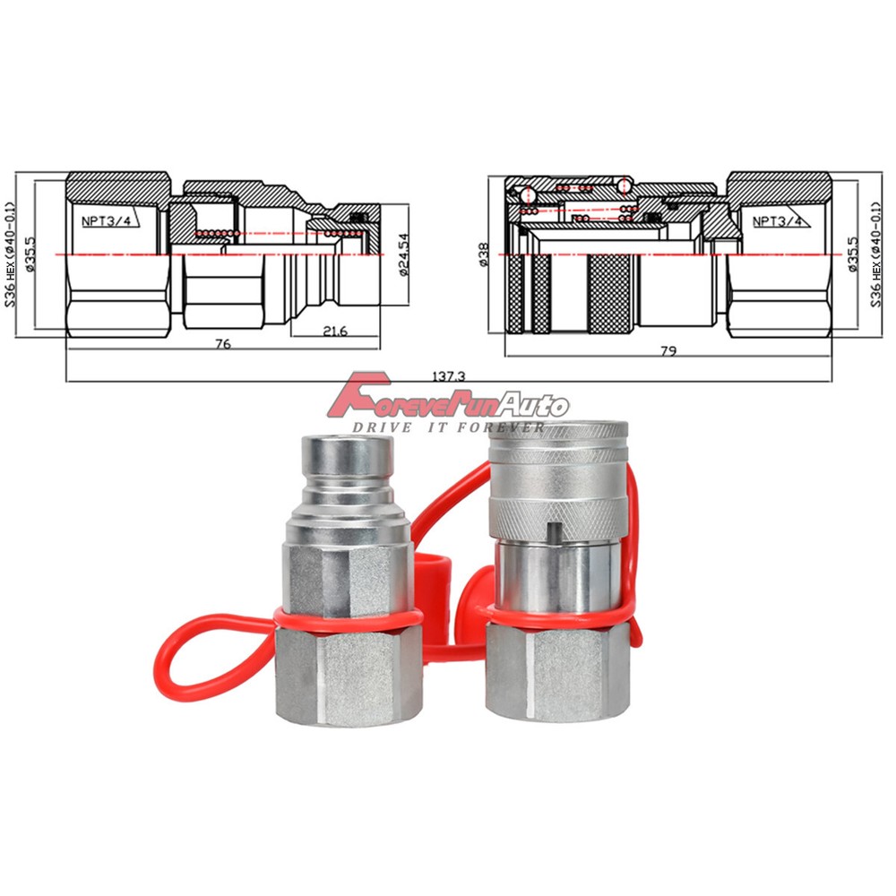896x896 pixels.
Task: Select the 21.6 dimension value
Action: point(336,331)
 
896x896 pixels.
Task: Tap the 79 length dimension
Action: point(668,350)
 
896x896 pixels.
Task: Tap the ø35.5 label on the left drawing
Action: point(30,256)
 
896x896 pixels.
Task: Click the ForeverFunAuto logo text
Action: point(448,402)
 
